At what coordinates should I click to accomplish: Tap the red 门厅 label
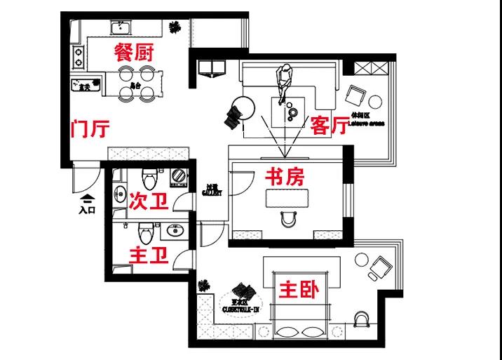(90, 129)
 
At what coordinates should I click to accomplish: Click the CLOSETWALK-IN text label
(241, 306)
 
